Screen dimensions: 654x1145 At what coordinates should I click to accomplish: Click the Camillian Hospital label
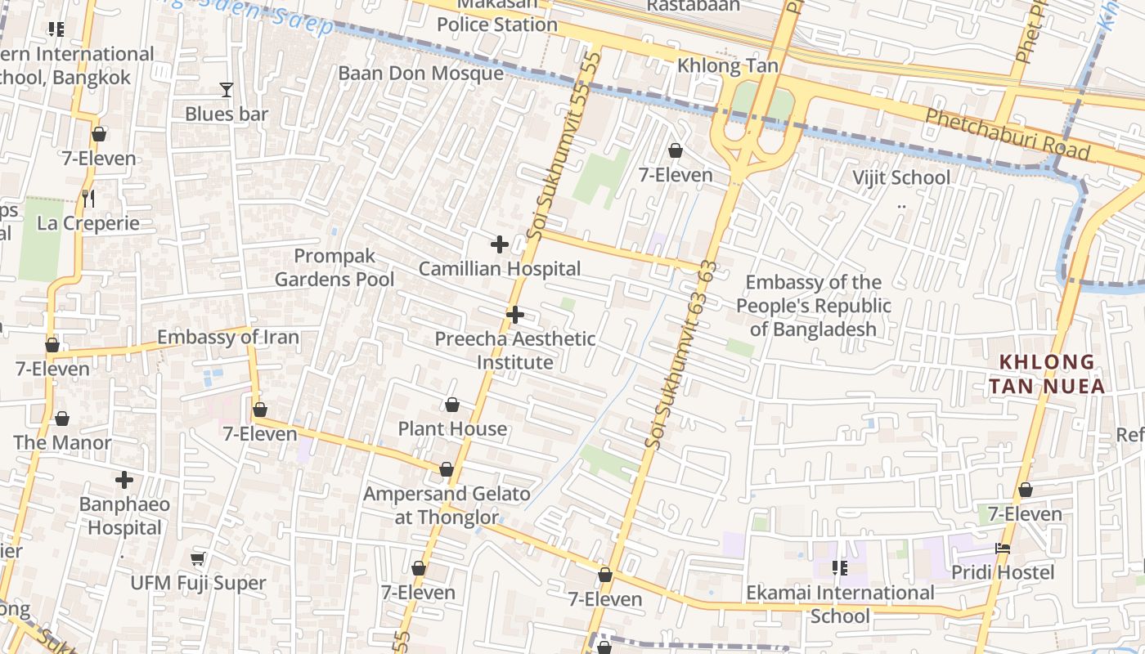tap(500, 269)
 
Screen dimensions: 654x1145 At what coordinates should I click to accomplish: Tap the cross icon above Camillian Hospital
tap(500, 244)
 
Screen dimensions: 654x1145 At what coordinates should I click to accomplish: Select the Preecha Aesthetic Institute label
tap(515, 350)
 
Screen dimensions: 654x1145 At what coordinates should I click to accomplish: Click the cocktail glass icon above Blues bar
tap(227, 90)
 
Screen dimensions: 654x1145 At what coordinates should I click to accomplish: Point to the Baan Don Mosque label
tap(421, 74)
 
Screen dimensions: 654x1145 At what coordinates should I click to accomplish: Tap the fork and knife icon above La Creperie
tap(88, 199)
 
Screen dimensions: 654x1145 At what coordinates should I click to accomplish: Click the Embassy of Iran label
tap(228, 337)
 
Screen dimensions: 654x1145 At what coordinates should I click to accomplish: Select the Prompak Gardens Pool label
tap(335, 268)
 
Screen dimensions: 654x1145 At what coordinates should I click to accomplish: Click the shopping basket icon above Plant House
tap(452, 405)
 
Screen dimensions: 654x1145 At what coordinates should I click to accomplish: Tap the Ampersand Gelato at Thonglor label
tap(447, 505)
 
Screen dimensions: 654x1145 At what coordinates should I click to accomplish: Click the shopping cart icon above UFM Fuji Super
tap(197, 559)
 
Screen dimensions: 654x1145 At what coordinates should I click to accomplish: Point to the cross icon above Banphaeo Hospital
tap(124, 480)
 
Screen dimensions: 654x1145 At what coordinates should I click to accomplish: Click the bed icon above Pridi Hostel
tap(1003, 549)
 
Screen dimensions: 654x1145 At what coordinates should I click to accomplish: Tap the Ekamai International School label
tap(840, 603)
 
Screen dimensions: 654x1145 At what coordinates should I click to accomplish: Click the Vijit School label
tap(901, 177)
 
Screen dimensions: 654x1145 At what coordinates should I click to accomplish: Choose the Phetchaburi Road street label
tap(1007, 135)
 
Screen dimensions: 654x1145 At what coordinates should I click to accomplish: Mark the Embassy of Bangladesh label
tap(814, 306)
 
